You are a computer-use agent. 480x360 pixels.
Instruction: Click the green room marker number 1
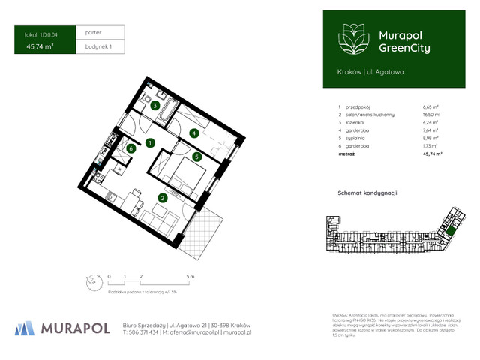[x=151, y=142]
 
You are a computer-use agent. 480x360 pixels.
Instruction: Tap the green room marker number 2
[x=161, y=199]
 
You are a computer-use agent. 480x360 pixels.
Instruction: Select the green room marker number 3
[x=154, y=106]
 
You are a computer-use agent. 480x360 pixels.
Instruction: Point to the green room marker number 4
[x=193, y=133]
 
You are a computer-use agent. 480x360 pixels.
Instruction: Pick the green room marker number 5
[x=196, y=157]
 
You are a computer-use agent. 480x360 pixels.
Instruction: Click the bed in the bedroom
[x=184, y=177]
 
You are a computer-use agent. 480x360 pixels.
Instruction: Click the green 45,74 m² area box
[x=44, y=47]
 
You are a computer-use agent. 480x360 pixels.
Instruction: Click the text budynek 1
[x=98, y=47]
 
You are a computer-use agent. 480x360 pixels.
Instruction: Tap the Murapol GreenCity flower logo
[x=349, y=38]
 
